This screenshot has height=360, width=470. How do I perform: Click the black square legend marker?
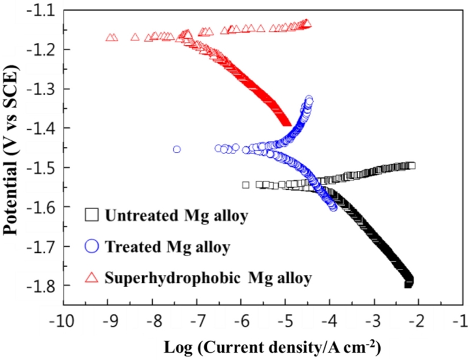click(91, 215)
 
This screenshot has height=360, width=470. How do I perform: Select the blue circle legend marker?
click(91, 247)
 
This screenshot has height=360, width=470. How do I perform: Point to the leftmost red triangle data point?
click(109, 38)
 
